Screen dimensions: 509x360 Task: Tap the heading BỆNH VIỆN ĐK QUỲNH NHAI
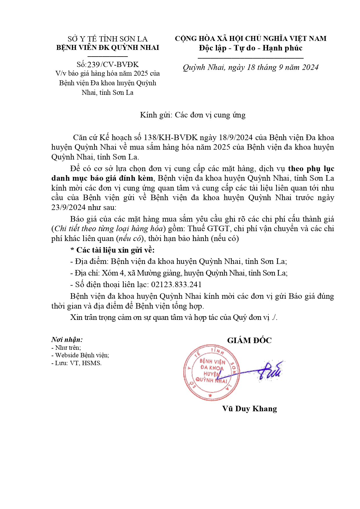tap(108, 48)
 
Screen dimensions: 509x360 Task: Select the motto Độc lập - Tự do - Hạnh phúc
tap(251, 48)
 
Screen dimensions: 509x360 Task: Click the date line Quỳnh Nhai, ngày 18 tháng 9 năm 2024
tap(251, 68)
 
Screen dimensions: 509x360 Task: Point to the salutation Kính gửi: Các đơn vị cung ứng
tap(193, 115)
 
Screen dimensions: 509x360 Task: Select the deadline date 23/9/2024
tap(68, 207)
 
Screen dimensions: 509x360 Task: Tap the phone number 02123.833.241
tap(176, 285)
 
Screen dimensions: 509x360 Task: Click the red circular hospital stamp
tap(210, 373)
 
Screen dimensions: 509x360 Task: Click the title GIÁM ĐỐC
tap(249, 340)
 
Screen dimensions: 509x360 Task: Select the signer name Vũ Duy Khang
tap(249, 409)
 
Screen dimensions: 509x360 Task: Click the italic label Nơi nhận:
tap(67, 340)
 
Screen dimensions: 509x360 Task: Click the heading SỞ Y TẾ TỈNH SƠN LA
tap(108, 39)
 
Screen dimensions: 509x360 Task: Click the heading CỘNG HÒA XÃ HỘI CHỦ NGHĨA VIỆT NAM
tap(251, 39)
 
